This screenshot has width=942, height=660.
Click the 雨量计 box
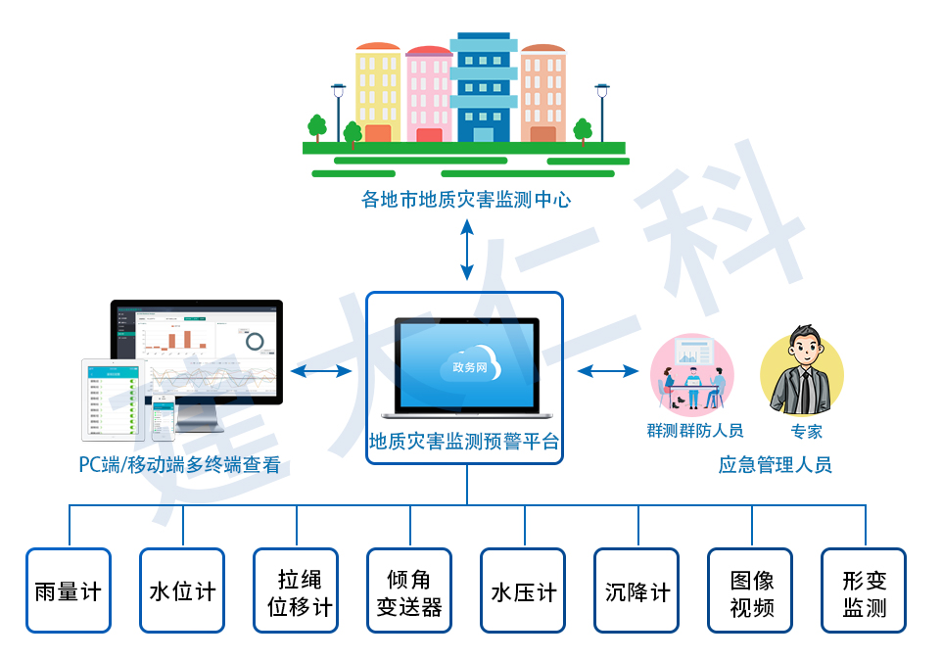(68, 590)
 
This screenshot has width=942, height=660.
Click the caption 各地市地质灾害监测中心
(465, 200)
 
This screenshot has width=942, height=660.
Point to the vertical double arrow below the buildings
(467, 249)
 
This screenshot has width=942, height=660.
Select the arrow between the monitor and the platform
(321, 371)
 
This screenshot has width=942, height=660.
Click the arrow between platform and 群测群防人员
(608, 371)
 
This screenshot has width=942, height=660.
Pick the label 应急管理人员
(775, 465)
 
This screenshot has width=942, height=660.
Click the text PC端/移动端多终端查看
(179, 465)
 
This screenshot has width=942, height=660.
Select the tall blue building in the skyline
(483, 88)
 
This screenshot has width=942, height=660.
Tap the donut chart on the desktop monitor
(255, 341)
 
